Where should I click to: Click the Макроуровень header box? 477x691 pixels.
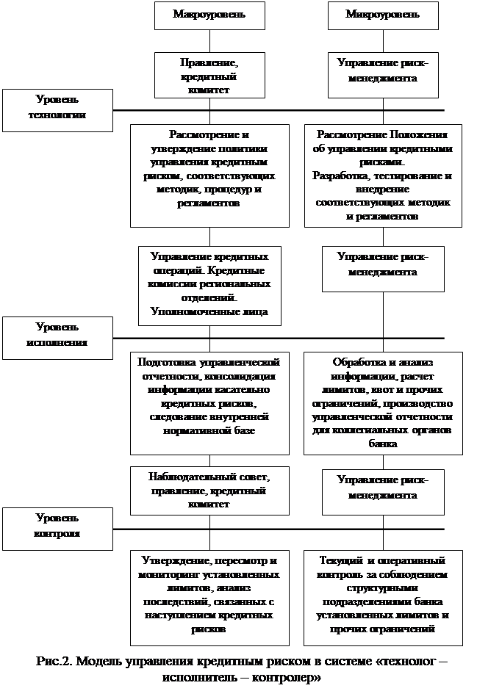(x=209, y=15)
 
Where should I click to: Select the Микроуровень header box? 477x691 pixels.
(x=383, y=15)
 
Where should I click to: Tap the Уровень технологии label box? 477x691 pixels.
(x=57, y=109)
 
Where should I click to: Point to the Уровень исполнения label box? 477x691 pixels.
(x=57, y=337)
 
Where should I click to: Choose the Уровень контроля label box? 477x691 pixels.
(x=57, y=528)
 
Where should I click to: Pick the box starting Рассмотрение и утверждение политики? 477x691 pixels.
(x=209, y=175)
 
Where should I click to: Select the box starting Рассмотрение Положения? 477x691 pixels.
(x=383, y=175)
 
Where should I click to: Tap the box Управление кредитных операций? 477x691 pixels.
(x=209, y=284)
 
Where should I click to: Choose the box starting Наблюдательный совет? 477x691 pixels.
(x=209, y=491)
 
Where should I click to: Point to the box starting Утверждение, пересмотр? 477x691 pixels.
(x=209, y=596)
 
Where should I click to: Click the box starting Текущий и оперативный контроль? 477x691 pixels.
(x=383, y=596)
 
